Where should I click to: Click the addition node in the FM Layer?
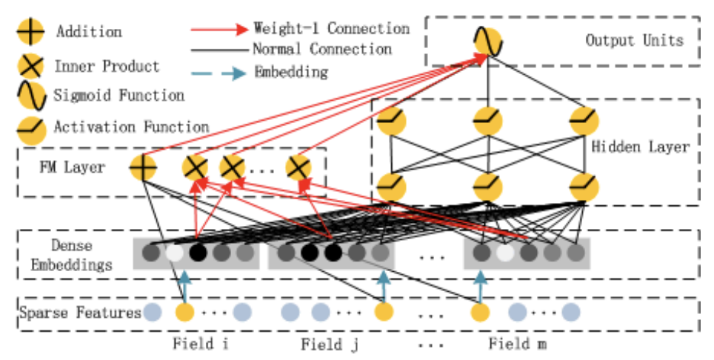pos(142,168)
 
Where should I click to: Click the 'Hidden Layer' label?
pos(641,147)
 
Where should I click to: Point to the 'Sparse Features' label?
pos(81,313)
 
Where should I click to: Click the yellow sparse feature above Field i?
pos(184,312)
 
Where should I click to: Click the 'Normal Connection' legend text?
pos(321,50)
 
